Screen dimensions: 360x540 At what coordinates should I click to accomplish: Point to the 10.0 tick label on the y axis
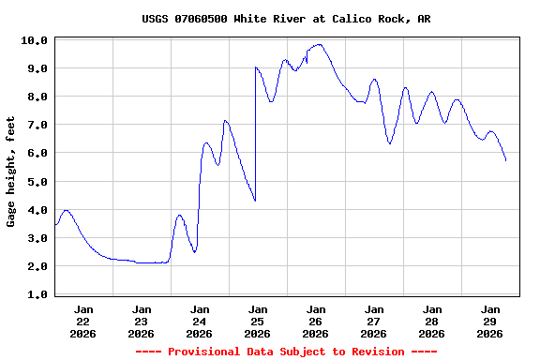point(35,40)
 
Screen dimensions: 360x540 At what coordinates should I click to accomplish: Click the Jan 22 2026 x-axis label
point(83,321)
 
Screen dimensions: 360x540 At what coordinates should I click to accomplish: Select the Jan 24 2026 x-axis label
point(200,321)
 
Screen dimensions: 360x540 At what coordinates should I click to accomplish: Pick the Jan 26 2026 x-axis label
point(316,321)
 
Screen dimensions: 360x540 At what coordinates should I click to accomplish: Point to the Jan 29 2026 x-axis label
point(489,321)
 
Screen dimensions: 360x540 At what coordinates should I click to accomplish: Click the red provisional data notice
point(286,352)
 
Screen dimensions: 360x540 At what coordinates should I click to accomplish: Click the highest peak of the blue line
point(320,44)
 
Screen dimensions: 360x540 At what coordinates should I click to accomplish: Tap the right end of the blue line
point(506,160)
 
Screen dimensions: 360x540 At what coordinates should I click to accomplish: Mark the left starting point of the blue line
point(55,225)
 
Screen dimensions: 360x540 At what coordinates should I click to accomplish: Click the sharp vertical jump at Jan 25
point(255,131)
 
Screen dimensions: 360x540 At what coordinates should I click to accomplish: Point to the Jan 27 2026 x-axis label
point(373,321)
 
